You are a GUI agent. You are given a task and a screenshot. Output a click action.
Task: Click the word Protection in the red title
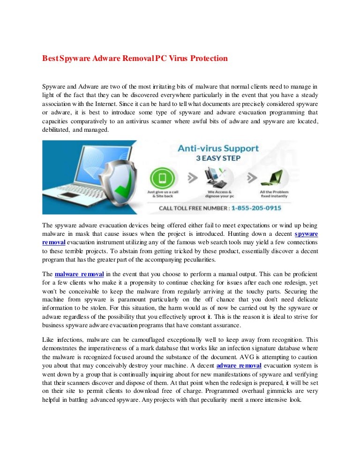[209, 59]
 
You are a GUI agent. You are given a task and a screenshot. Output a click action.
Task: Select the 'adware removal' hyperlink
[239, 366]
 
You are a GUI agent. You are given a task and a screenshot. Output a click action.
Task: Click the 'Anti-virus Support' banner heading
[218, 149]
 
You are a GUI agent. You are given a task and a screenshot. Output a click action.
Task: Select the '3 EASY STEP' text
[218, 158]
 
